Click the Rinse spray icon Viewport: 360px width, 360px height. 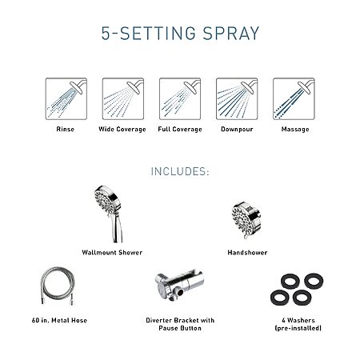tap(66, 98)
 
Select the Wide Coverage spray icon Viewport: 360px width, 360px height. tap(123, 98)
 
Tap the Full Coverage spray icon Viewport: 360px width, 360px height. tap(180, 98)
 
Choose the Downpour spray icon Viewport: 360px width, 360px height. tap(237, 98)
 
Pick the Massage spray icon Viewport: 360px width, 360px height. tap(294, 98)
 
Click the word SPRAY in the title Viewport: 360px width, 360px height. tap(231, 34)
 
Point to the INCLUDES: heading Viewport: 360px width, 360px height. tap(180, 171)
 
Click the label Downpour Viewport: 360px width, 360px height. tap(237, 130)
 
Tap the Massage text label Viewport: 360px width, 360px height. tap(295, 130)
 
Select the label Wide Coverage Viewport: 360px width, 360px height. tap(122, 130)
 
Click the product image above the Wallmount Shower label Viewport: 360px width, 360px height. tap(109, 214)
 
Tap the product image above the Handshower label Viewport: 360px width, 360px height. tap(246, 220)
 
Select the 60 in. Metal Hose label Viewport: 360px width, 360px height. tap(59, 320)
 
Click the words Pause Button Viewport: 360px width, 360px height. tap(180, 328)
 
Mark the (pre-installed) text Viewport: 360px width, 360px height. tap(298, 328)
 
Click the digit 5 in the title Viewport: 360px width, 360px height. tap(106, 34)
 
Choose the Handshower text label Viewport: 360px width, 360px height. tap(247, 253)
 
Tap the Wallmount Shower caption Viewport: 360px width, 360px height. tap(112, 253)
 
